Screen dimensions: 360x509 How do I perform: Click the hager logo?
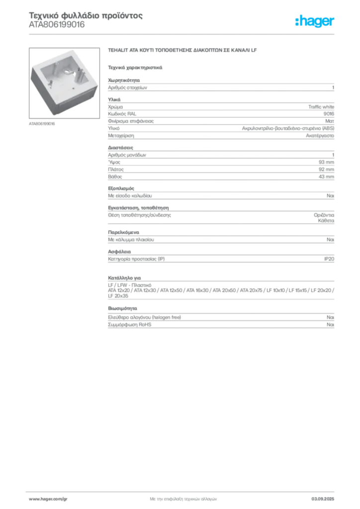[x=315, y=21]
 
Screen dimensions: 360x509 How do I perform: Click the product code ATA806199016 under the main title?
[x=57, y=25]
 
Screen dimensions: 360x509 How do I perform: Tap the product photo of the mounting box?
[x=64, y=83]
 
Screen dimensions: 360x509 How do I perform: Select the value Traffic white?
[x=321, y=107]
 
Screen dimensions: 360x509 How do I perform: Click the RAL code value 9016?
[x=329, y=114]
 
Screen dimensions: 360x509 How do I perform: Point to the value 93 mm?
[x=326, y=163]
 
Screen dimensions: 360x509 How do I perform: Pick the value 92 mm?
[x=326, y=170]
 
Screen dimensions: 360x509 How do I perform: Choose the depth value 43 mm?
[x=326, y=176]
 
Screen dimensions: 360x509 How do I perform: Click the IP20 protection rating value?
[x=329, y=259]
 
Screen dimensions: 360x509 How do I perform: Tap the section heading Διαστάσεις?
[x=120, y=148]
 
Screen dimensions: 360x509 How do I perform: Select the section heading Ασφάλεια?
[x=119, y=252]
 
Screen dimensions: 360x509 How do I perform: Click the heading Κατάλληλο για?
[x=124, y=278]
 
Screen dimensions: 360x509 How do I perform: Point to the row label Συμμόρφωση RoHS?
[x=129, y=325]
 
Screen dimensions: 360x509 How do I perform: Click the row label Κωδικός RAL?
[x=122, y=114]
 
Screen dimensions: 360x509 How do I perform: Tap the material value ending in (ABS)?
[x=288, y=129]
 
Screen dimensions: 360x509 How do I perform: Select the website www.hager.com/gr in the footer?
[x=48, y=499]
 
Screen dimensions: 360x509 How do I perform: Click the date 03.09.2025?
[x=323, y=499]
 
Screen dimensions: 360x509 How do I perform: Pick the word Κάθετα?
[x=326, y=221]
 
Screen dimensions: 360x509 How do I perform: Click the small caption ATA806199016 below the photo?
[x=42, y=124]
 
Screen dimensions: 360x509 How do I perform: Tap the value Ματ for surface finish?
[x=330, y=121]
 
